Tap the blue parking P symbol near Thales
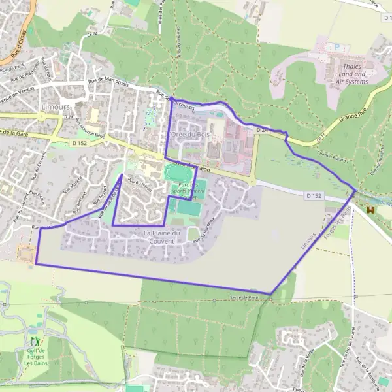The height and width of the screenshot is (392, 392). point(337,47)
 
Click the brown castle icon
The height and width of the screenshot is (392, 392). point(371,210)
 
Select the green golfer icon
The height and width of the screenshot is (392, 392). point(35,341)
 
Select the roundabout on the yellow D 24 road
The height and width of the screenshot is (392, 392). point(42,116)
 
